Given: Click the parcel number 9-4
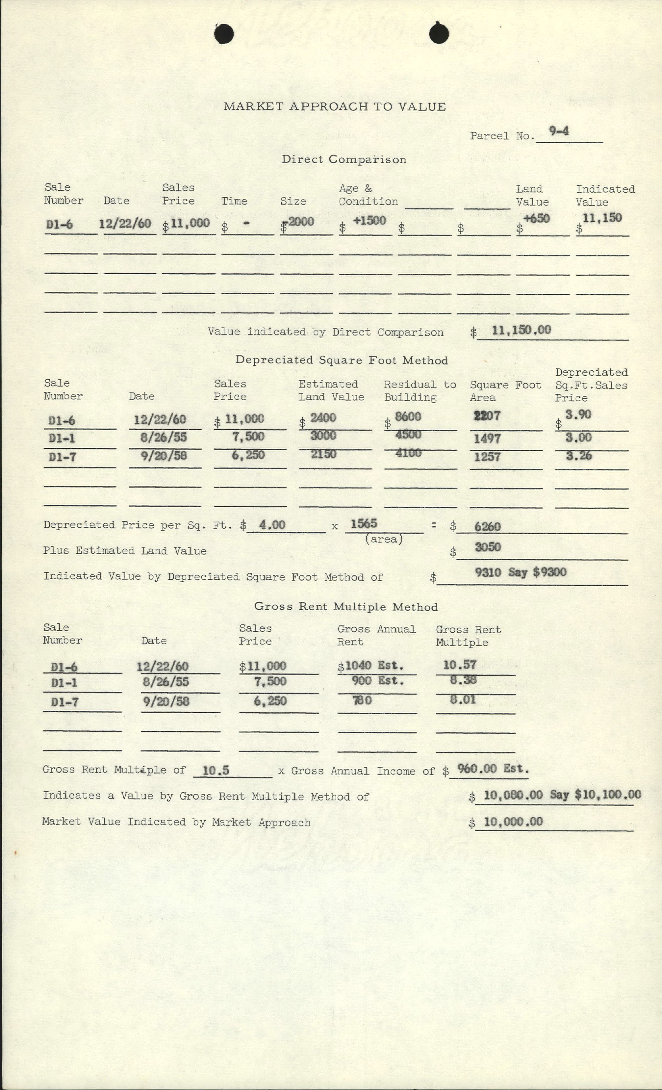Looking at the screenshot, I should coord(558,131).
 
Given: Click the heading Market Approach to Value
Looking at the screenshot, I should coord(335,107).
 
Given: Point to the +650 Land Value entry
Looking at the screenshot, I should coord(536,218).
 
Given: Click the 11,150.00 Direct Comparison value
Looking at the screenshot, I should coord(521,330).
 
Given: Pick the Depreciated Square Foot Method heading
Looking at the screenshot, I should coord(342,360).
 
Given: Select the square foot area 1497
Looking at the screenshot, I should coord(487,438).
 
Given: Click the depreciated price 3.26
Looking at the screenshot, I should coord(579,456).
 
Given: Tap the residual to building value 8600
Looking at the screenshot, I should coord(408,417).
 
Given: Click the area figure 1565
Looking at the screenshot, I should coord(364,524).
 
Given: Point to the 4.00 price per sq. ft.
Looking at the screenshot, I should coord(272,525).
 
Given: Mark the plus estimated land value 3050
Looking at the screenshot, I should coord(488,547).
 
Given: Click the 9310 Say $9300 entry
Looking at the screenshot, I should coord(520,572).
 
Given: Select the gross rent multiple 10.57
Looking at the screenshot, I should coord(460,665).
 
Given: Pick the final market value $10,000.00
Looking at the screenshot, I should coord(513,822).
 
